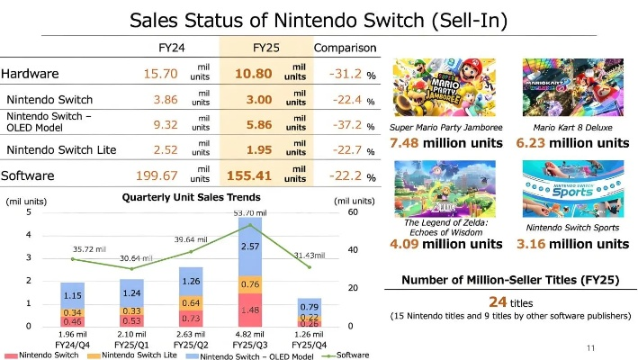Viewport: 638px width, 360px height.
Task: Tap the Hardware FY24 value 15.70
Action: (162, 74)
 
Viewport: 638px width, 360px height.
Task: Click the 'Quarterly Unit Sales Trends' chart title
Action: (191, 197)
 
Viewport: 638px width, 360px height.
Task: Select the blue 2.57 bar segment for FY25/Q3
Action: (250, 247)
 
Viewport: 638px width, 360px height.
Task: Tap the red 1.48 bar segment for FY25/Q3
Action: (250, 310)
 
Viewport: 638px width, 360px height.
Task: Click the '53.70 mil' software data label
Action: (250, 212)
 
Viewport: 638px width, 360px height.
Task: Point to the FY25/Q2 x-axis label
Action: (190, 344)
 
